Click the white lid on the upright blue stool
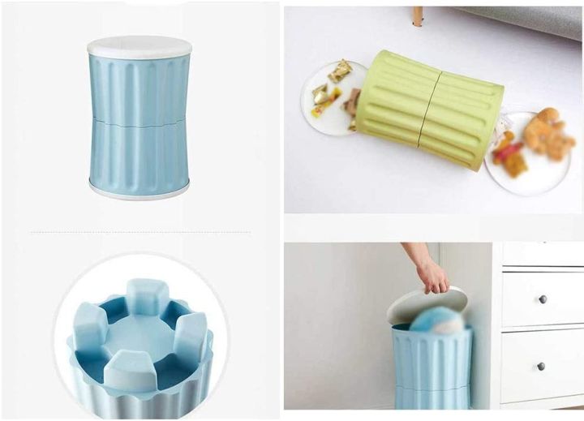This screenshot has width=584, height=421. [139, 45]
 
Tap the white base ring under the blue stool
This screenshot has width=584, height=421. [140, 191]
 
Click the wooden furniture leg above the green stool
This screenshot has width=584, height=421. [417, 16]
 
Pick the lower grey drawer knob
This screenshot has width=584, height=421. [542, 367]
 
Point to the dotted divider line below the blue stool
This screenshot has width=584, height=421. [140, 232]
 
